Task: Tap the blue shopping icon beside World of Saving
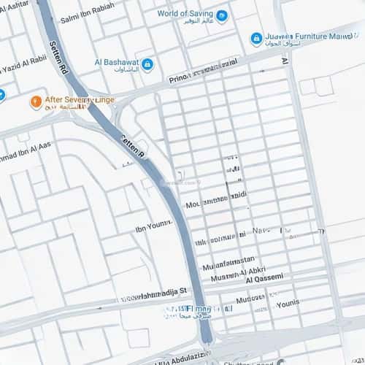pos(222,15)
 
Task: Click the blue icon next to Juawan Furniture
pos(256,38)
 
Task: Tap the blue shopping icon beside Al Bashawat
pos(147,65)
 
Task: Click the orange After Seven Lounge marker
pos(34,101)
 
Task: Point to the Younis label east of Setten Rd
pos(288,300)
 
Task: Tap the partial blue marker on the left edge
pos(1,94)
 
